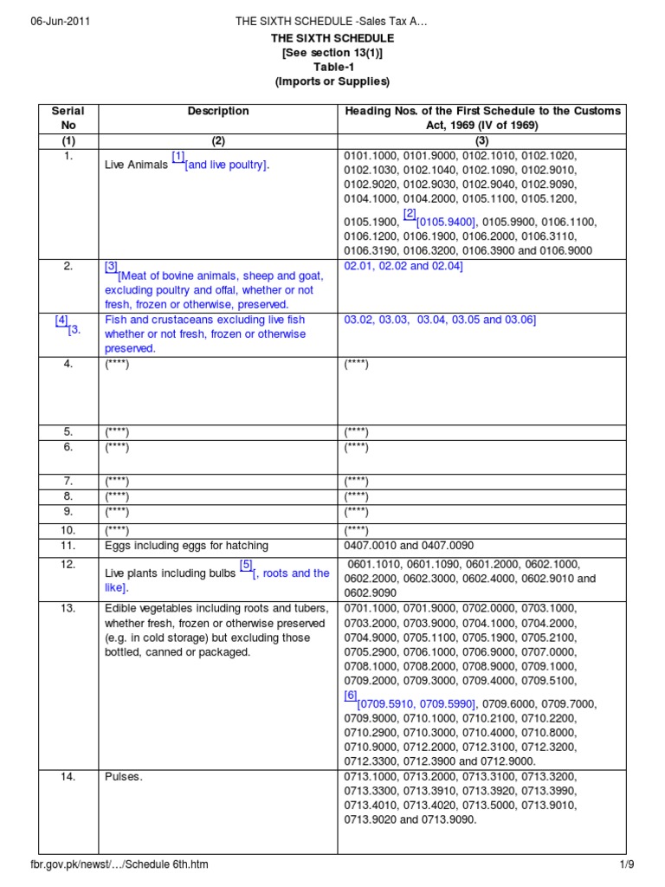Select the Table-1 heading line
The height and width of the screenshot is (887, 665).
tap(332, 68)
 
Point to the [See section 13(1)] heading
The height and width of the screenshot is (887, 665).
tap(332, 53)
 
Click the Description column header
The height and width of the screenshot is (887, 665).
tap(218, 111)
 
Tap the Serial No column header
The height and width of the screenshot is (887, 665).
tap(68, 118)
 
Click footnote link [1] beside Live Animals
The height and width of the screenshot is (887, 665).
tap(178, 157)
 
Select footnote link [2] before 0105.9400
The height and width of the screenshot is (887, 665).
tap(410, 213)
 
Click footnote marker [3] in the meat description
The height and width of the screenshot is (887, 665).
tap(111, 267)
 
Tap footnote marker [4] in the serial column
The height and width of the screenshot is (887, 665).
tap(61, 320)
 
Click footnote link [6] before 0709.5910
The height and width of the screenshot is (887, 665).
tap(350, 695)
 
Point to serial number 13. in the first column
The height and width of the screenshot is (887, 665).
tap(68, 608)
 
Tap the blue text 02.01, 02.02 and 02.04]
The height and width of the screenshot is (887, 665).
tap(404, 266)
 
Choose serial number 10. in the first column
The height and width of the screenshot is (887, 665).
tap(68, 529)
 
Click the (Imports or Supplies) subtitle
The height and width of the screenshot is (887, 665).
tap(332, 82)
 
